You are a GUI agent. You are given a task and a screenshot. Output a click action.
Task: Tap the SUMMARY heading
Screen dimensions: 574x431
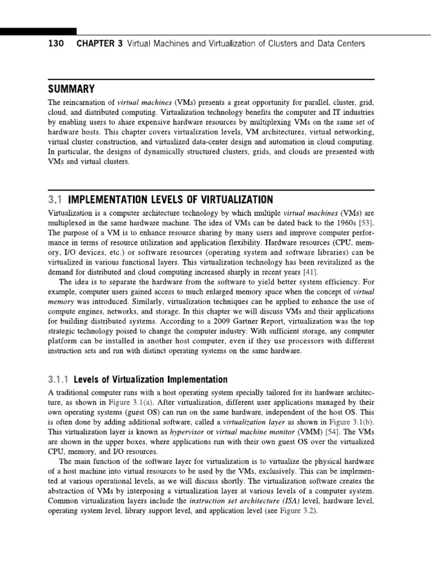point(71,90)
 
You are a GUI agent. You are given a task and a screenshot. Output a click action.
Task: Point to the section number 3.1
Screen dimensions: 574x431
point(56,200)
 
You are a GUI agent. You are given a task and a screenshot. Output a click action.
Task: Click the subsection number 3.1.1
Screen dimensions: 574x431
point(59,379)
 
